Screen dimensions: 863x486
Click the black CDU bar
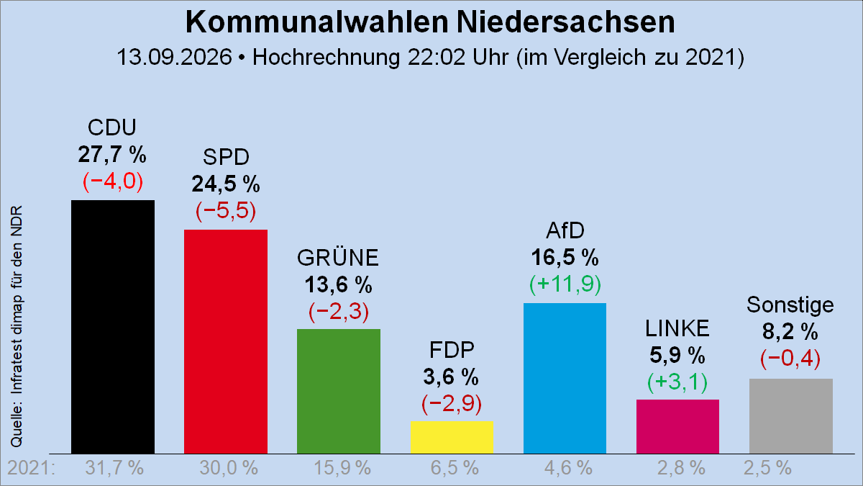click(113, 327)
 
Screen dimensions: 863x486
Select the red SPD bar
click(226, 341)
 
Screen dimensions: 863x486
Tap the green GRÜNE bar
click(339, 391)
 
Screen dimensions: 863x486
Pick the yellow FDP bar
click(452, 438)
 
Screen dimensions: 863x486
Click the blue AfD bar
click(565, 379)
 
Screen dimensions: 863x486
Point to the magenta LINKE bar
click(677, 426)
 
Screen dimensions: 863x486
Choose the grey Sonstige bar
click(791, 416)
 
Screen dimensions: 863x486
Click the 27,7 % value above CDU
click(112, 154)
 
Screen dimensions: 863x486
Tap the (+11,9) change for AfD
click(565, 284)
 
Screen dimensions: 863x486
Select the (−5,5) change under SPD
click(226, 211)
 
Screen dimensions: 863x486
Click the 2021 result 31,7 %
click(114, 468)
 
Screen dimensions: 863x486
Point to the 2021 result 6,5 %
click(455, 468)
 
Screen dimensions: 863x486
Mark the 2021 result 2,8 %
click(681, 468)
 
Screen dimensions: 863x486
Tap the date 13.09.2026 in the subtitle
click(175, 57)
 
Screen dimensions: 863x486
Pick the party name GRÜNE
click(338, 258)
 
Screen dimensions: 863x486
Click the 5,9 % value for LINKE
click(677, 355)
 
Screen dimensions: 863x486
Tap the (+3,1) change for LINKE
click(677, 382)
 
